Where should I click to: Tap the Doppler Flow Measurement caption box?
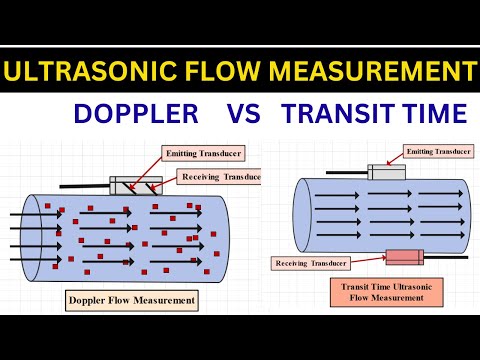pos(131,299)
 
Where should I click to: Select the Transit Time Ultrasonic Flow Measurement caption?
pos(374,291)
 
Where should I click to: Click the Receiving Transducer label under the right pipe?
pos(310,263)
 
